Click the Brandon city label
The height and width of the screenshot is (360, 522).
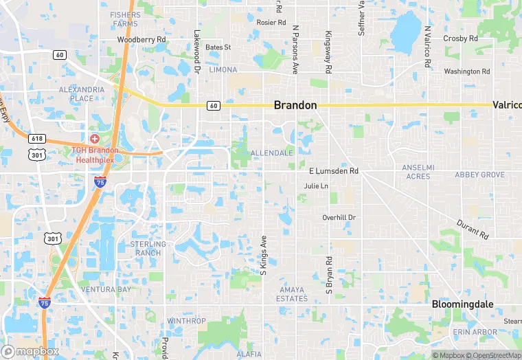point(295,106)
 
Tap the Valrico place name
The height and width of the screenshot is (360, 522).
point(506,105)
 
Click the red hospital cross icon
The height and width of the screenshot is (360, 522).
point(94,139)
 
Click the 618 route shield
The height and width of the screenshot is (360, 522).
point(37,138)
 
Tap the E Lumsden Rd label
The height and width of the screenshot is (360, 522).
point(334,171)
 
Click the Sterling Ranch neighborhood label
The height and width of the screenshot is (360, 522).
point(148,248)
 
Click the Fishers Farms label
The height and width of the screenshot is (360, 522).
point(124,19)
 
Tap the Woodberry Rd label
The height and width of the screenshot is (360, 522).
point(141,40)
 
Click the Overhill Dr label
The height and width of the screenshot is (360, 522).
point(339,218)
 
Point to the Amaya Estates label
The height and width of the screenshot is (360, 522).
point(292,294)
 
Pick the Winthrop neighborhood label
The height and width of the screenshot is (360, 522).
point(186,321)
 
